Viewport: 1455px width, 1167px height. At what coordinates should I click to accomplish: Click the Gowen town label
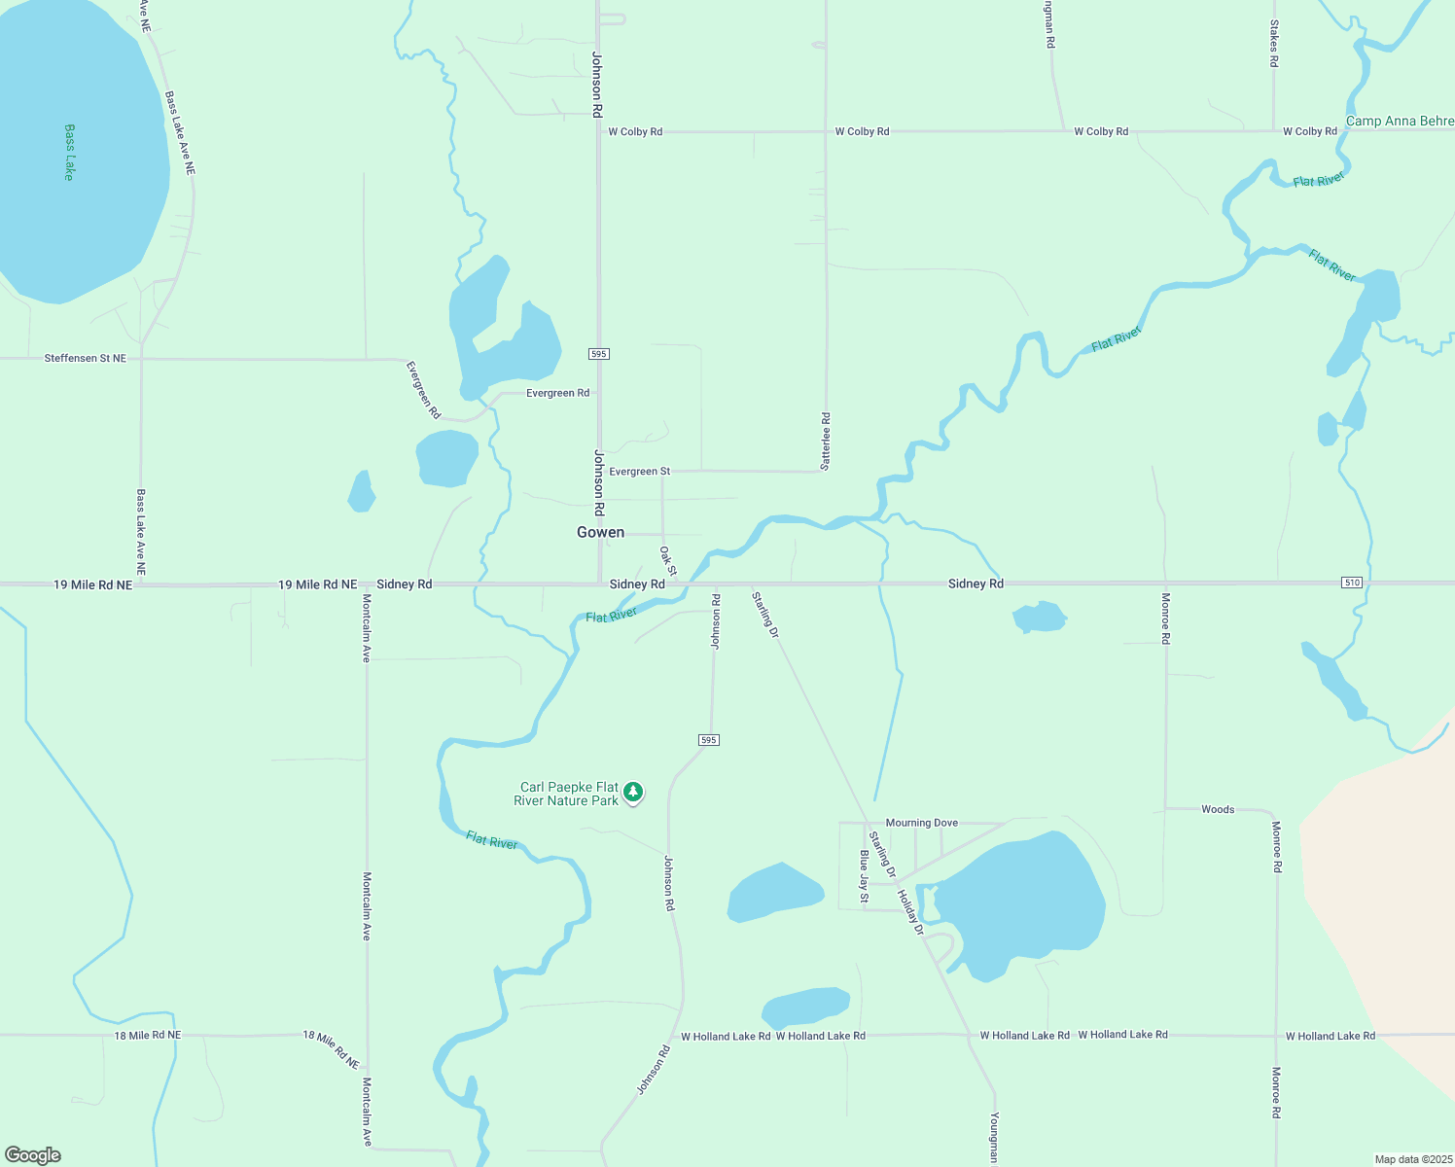point(600,532)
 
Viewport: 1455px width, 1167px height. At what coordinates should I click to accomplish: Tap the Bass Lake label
point(69,152)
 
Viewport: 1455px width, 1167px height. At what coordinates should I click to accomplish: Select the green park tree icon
point(633,793)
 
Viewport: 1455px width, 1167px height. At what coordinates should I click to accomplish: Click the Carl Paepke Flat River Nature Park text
point(568,794)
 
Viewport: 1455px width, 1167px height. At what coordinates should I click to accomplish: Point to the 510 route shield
point(1351,583)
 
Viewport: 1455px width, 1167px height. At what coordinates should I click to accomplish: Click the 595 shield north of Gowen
point(599,354)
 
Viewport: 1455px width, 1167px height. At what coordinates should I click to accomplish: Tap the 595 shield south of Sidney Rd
point(708,740)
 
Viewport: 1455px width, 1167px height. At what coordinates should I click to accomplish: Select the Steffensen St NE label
point(86,359)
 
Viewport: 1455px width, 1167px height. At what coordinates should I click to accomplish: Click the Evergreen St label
point(640,472)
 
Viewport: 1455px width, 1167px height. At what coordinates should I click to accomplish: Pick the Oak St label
point(668,560)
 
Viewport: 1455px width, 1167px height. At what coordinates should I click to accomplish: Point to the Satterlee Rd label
point(826,442)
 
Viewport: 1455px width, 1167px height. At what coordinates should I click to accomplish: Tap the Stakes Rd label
point(1274,44)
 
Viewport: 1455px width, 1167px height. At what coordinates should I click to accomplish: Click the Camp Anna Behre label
point(1399,122)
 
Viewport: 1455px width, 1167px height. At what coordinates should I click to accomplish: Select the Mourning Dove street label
point(922,823)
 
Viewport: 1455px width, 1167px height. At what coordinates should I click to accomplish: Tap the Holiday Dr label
point(910,912)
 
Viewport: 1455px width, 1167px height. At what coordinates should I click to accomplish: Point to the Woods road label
point(1218,809)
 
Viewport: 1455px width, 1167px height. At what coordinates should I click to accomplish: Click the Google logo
point(33,1155)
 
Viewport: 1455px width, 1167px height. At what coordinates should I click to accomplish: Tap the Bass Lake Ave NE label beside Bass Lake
point(180,133)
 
